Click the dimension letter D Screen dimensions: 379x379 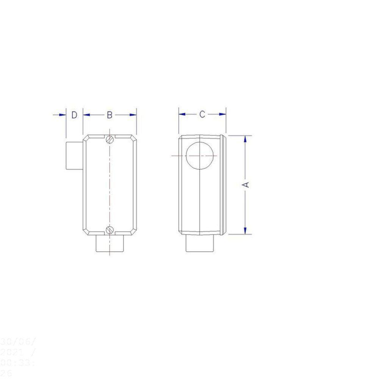74,115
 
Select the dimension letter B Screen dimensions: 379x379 110,115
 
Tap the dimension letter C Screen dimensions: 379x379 202,114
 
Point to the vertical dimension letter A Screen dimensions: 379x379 246,185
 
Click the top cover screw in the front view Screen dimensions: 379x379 110,139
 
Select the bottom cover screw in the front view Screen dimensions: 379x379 110,229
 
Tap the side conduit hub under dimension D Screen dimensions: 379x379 74,155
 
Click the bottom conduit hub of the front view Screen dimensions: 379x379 110,244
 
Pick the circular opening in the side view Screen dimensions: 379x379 200,156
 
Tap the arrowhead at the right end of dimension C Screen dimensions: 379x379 223,114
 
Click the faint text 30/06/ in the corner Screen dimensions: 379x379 13,340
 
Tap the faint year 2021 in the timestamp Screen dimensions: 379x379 10,351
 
